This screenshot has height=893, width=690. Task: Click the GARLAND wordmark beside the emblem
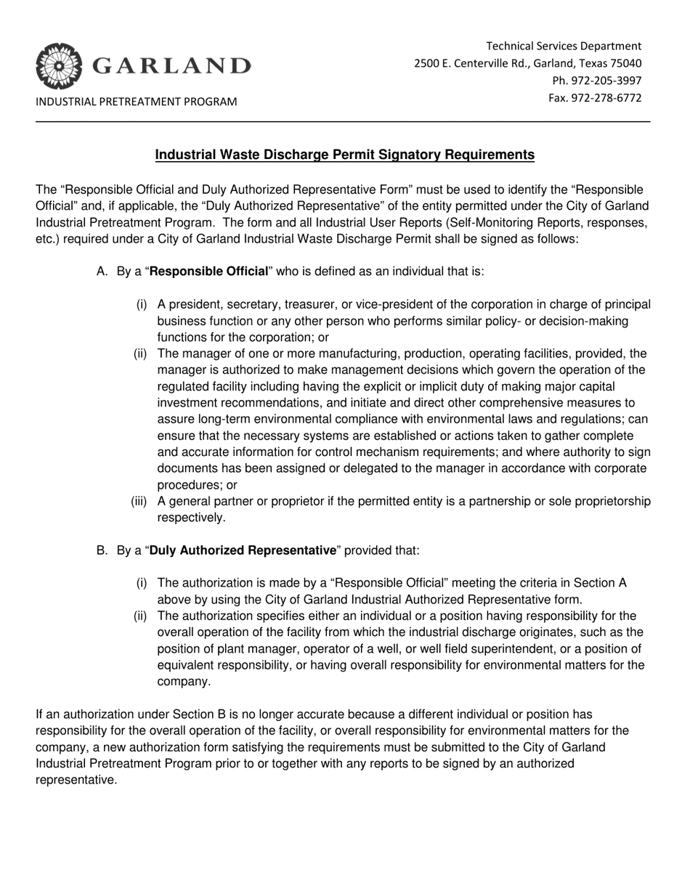pyautogui.click(x=171, y=67)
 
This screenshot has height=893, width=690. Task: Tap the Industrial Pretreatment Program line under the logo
pyautogui.click(x=137, y=102)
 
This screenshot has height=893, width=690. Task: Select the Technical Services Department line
pyautogui.click(x=564, y=46)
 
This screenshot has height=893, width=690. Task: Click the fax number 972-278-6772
pyautogui.click(x=607, y=98)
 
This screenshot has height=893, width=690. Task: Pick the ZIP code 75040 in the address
pyautogui.click(x=625, y=63)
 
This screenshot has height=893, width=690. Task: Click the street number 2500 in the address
pyautogui.click(x=427, y=63)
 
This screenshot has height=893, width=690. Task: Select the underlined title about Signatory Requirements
pyautogui.click(x=345, y=155)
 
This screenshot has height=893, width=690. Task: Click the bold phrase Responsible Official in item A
pyautogui.click(x=208, y=272)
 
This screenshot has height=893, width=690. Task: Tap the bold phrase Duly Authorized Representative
pyautogui.click(x=243, y=550)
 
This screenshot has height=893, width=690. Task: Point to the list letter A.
pyautogui.click(x=102, y=272)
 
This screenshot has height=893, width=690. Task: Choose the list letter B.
pyautogui.click(x=102, y=550)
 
